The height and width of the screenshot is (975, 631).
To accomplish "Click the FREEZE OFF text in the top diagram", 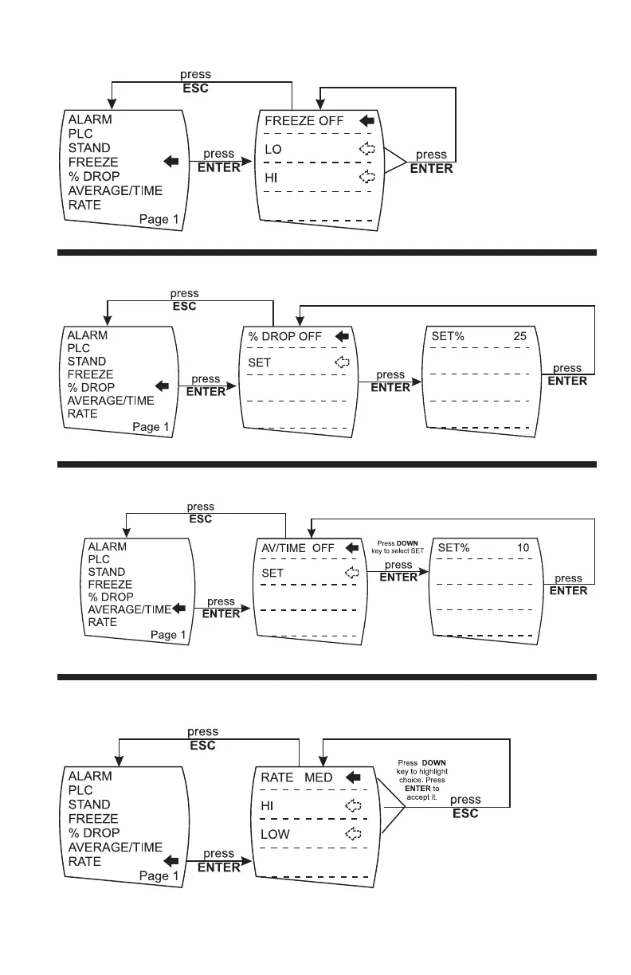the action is coord(304,120).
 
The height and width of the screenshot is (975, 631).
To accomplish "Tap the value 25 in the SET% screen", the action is coord(519,336).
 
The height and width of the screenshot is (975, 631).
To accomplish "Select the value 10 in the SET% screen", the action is coord(523,547).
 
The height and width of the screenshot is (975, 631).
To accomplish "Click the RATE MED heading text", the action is coord(296,777).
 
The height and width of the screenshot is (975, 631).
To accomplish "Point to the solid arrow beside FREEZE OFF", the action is coord(367,120).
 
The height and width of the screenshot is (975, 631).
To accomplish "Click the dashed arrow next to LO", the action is coord(366,148).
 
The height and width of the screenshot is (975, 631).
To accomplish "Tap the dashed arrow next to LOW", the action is coord(353,833).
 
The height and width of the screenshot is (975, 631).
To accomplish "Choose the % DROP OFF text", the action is coord(284,336).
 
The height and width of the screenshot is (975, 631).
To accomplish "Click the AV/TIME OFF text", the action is coord(298,548).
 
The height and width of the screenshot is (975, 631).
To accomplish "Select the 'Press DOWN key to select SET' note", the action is coord(397,547).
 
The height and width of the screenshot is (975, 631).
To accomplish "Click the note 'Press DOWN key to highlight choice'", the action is coord(421,780).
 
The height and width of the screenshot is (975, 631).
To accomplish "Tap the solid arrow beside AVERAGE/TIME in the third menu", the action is coord(179,609).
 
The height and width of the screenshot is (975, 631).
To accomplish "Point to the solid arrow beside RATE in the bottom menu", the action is coord(171,860).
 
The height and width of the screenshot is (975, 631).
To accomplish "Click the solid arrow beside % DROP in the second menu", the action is coord(162,386).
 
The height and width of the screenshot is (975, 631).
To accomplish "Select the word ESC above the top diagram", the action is coord(195,88).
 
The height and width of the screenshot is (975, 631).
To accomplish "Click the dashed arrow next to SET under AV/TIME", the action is coord(352,573).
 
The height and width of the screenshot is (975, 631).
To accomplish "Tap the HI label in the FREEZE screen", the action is coord(271,178).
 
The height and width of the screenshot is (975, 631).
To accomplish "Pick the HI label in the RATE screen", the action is coord(267,805).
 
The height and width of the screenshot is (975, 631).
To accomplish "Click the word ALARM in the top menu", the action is coord(90,119).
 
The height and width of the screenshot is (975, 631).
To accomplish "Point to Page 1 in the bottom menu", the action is coord(159,875).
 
